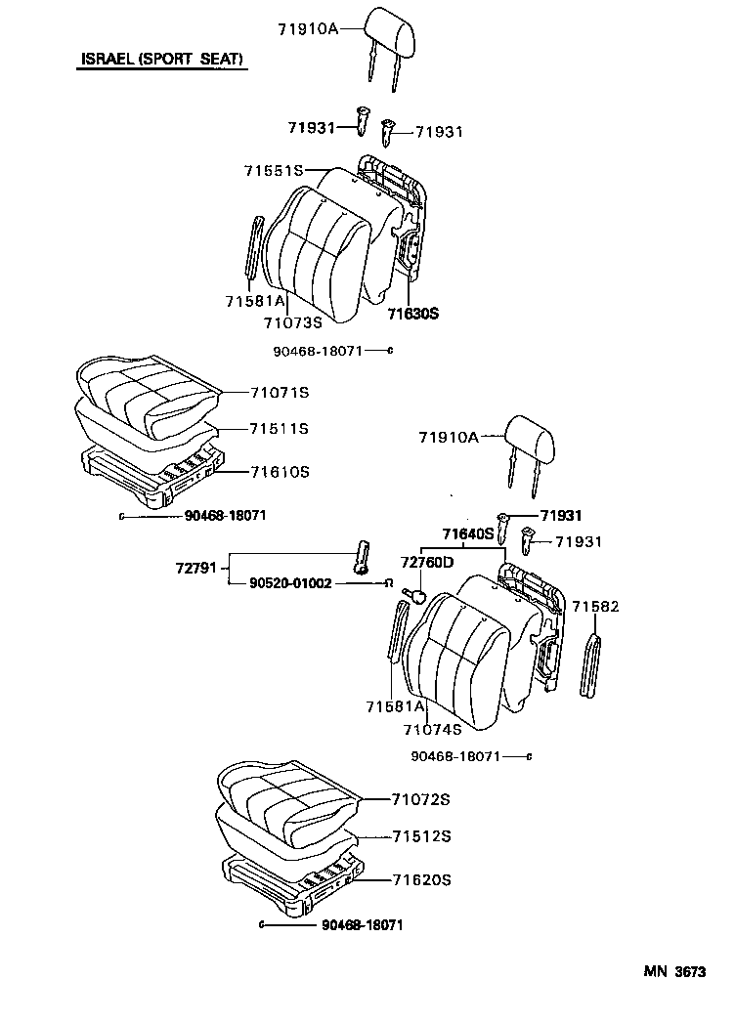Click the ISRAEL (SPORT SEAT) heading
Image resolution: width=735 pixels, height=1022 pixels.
[161, 61]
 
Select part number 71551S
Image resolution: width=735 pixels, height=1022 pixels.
[274, 171]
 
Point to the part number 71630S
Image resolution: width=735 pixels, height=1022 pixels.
[412, 314]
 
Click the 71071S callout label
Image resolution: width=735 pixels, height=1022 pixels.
[279, 393]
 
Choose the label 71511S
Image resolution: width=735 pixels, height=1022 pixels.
[279, 429]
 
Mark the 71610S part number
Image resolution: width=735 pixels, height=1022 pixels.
[279, 472]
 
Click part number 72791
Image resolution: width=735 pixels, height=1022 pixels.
[197, 566]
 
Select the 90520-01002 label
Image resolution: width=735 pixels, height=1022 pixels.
[290, 583]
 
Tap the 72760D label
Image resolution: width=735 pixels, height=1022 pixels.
[427, 563]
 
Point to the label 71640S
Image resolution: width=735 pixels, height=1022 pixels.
[467, 534]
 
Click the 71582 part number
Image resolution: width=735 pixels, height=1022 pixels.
[595, 607]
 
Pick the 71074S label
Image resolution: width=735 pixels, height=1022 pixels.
[431, 729]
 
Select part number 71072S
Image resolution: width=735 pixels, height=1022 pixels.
[421, 800]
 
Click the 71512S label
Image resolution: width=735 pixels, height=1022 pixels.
[421, 836]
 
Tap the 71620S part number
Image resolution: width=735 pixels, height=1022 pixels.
[421, 880]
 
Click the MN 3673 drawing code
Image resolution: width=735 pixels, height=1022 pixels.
[673, 972]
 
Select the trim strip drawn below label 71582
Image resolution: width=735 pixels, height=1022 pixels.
[589, 665]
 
